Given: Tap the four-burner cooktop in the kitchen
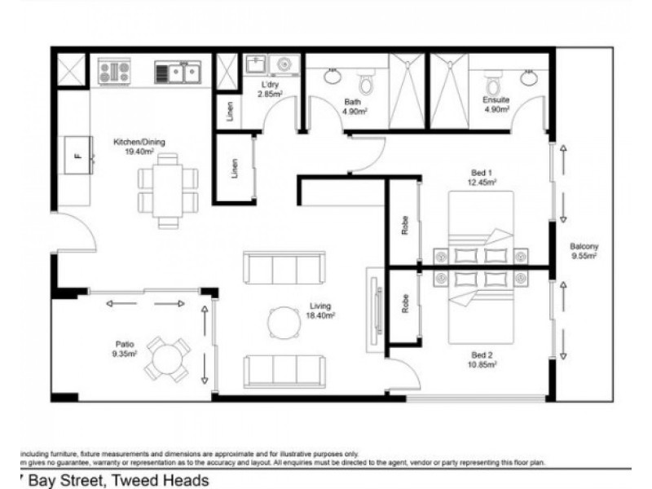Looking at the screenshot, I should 115,71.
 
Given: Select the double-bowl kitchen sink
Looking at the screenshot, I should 179,73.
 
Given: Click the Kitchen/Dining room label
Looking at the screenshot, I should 138,145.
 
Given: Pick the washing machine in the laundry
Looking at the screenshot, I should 284,64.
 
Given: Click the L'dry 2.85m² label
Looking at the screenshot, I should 270,89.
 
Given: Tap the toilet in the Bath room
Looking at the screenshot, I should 366,82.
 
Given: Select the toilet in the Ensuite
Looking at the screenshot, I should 492,82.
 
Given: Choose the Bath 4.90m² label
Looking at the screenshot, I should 352,107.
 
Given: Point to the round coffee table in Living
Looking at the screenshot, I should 284,320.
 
